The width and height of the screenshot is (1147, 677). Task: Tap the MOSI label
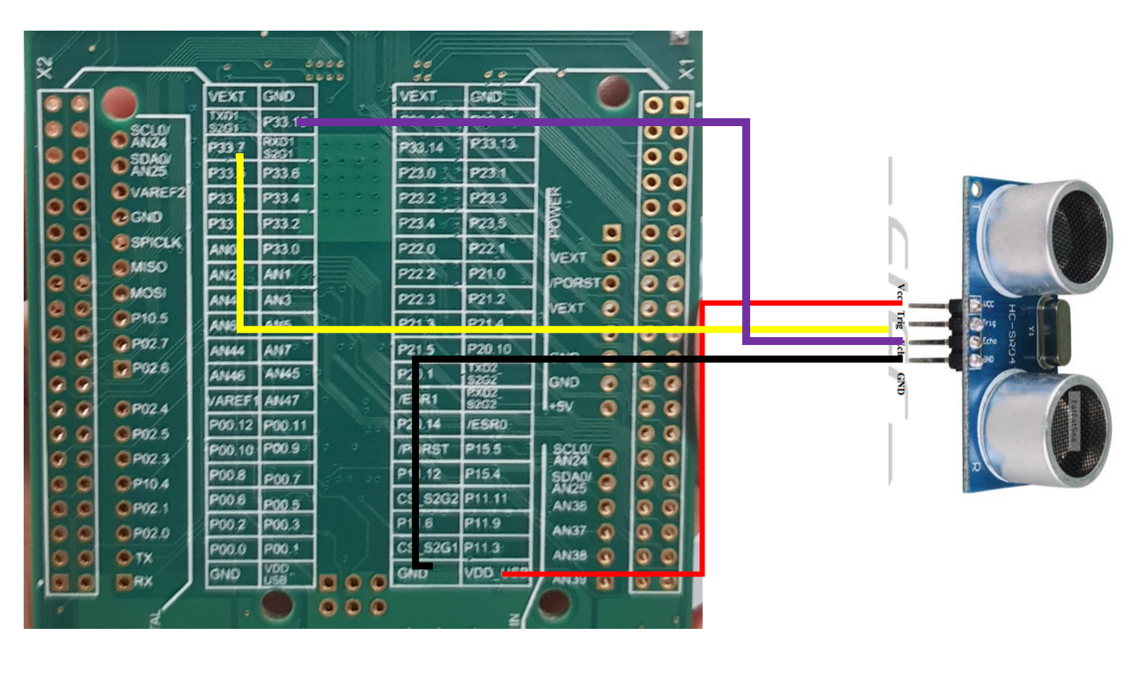[148, 293]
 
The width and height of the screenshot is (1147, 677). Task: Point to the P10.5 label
[150, 318]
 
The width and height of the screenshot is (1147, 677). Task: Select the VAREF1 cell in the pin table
[231, 401]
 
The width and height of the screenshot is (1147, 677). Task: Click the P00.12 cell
[231, 427]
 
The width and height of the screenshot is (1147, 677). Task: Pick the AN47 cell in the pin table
[282, 401]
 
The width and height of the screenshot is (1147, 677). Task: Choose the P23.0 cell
[417, 173]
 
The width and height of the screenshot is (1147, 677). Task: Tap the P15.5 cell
[485, 448]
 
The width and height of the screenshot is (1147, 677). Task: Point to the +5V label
[561, 407]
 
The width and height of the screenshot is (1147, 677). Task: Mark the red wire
[703, 438]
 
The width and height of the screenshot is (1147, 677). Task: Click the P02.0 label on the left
[150, 533]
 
